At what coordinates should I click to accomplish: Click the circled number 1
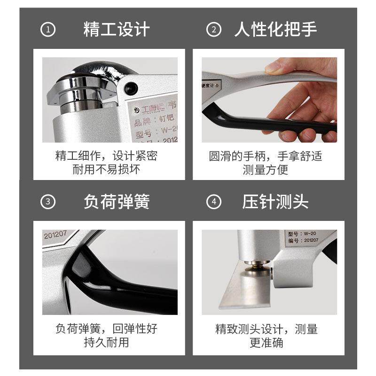point(48,30)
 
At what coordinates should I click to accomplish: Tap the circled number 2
point(214,30)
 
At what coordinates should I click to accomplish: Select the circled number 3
point(48,203)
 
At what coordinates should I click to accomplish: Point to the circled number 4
point(214,203)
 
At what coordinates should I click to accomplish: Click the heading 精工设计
point(116,30)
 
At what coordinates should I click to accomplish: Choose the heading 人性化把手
point(275,30)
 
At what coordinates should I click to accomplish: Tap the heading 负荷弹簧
point(116,202)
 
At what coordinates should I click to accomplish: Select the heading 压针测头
point(275,202)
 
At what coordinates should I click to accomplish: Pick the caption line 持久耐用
point(106,342)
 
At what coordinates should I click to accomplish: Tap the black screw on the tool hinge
point(131,86)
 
